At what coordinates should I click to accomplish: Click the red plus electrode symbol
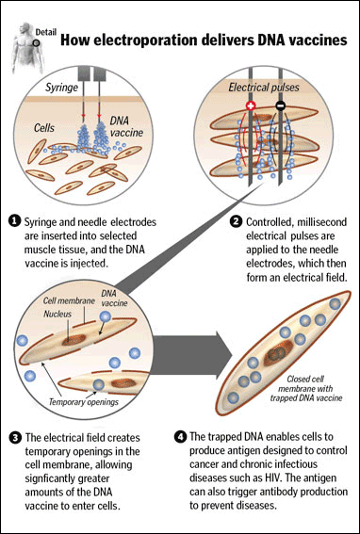[x=251, y=106]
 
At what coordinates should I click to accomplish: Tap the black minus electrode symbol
[x=280, y=106]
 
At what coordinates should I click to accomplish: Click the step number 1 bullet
[x=15, y=221]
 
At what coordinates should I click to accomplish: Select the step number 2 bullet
[x=236, y=222]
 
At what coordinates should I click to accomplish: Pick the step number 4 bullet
[x=179, y=437]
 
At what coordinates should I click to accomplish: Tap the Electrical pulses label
[x=264, y=88]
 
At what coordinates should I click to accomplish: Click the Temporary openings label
[x=84, y=401]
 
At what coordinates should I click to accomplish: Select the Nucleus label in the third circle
[x=57, y=315]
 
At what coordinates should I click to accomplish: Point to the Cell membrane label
[x=65, y=300]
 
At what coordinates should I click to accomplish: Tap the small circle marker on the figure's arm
[x=36, y=43]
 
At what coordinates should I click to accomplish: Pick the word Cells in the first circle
[x=44, y=128]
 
